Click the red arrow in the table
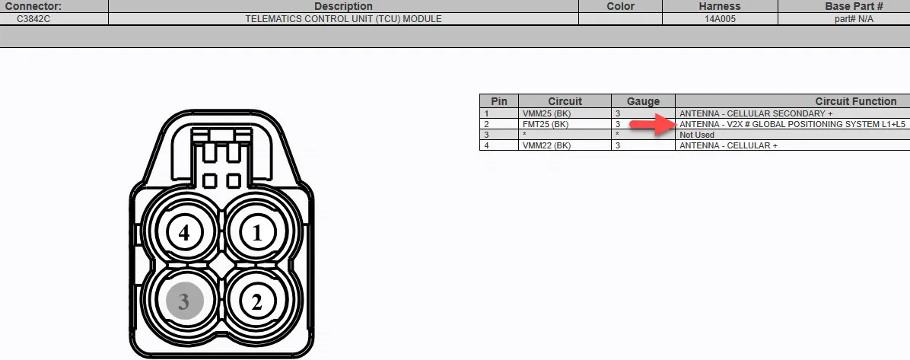pos(653,124)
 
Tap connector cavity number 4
pos(185,233)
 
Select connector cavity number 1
pos(257,233)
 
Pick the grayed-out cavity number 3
pos(185,301)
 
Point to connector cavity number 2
pos(257,301)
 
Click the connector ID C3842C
pos(34,18)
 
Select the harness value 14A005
pos(721,18)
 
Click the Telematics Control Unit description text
pos(343,18)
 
